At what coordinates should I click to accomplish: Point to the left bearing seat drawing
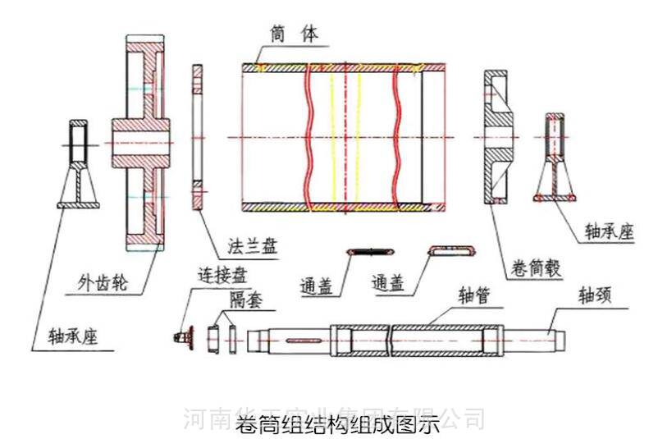[x=78, y=164]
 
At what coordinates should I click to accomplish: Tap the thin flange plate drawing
[x=196, y=135]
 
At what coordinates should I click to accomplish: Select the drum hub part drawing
[x=496, y=135]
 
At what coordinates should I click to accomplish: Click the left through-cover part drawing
[x=366, y=250]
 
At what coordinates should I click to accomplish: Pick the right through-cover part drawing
[x=451, y=249]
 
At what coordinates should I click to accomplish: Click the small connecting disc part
[x=185, y=336]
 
